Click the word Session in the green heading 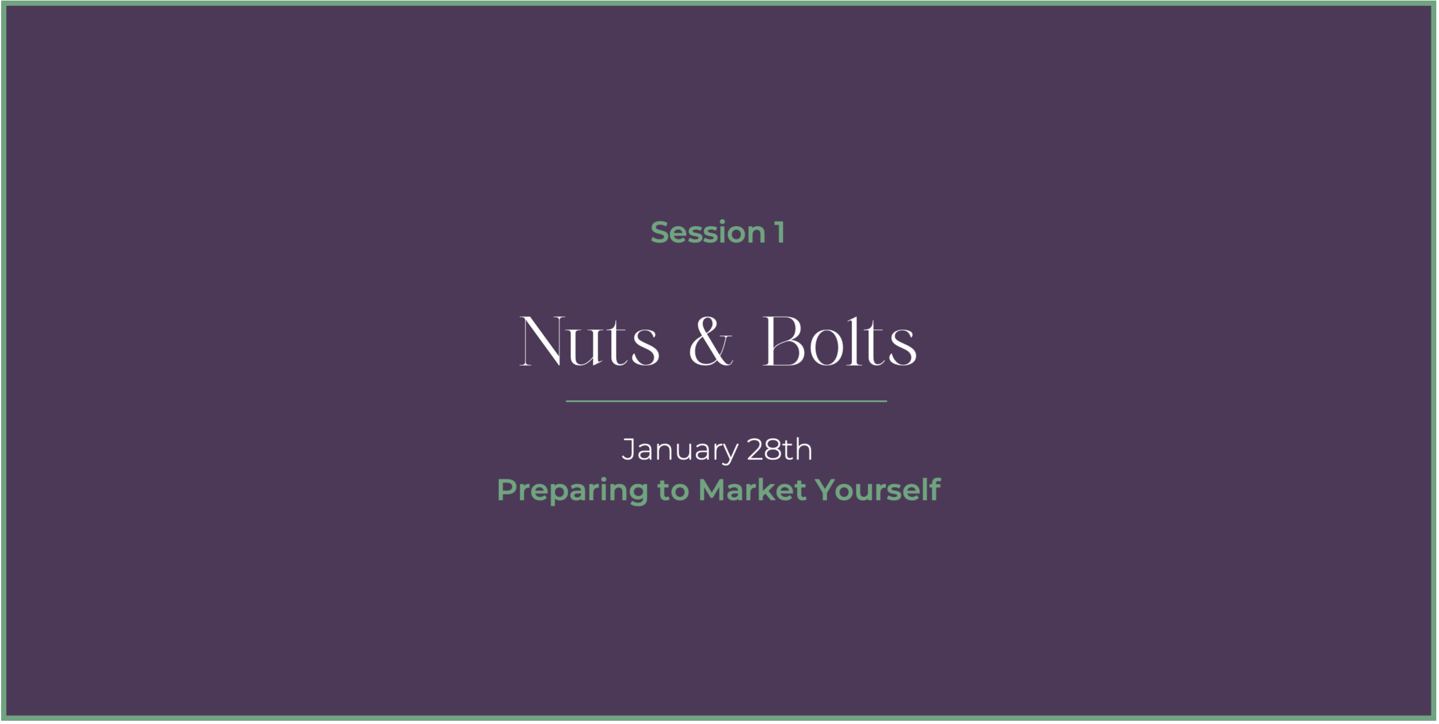[x=708, y=232]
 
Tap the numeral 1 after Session [x=780, y=232]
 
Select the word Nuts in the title [x=590, y=341]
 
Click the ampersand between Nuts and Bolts [x=710, y=341]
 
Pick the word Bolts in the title [x=840, y=341]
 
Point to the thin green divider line [x=726, y=401]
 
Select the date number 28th [x=780, y=449]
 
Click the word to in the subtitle [x=673, y=491]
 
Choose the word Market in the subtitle [x=751, y=490]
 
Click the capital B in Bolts [x=784, y=341]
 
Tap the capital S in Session [x=660, y=232]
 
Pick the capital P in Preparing [x=507, y=490]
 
